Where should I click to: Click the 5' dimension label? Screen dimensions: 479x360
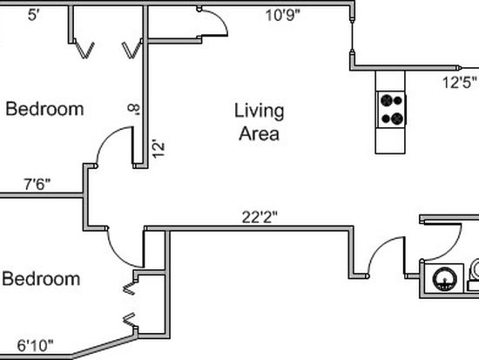tap(34, 15)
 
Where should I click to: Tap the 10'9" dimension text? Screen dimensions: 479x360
tap(283, 16)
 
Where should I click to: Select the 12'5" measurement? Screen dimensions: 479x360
tap(460, 82)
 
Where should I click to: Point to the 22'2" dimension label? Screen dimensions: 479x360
tap(260, 217)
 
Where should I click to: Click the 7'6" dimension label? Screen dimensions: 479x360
tap(37, 184)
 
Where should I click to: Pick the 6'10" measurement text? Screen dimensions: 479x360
tap(35, 346)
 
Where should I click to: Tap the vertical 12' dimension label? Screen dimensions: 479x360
tap(159, 149)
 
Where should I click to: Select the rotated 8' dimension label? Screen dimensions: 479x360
tap(133, 109)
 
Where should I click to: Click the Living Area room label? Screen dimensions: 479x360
tap(259, 122)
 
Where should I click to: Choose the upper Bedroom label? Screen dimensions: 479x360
tap(44, 109)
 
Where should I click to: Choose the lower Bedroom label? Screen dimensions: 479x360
tap(41, 279)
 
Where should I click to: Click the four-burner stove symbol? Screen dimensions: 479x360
tap(391, 110)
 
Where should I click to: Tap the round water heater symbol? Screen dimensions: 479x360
tap(445, 279)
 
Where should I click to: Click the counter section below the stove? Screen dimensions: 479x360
tap(390, 140)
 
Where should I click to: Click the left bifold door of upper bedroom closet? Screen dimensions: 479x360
tap(84, 50)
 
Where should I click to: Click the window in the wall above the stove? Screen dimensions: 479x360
tap(352, 35)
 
